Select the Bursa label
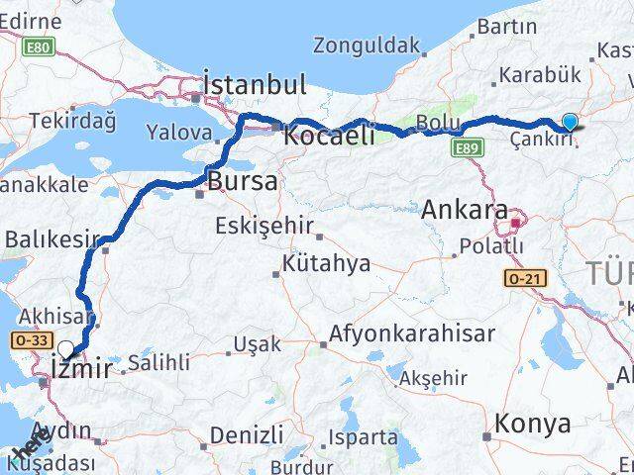click(242, 181)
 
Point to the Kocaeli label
click(328, 136)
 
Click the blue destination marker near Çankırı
click(571, 123)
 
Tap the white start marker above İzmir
click(66, 349)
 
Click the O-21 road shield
click(523, 279)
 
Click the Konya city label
click(533, 424)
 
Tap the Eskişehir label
click(264, 225)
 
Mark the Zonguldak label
click(366, 45)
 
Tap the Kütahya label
click(326, 263)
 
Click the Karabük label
click(540, 74)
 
